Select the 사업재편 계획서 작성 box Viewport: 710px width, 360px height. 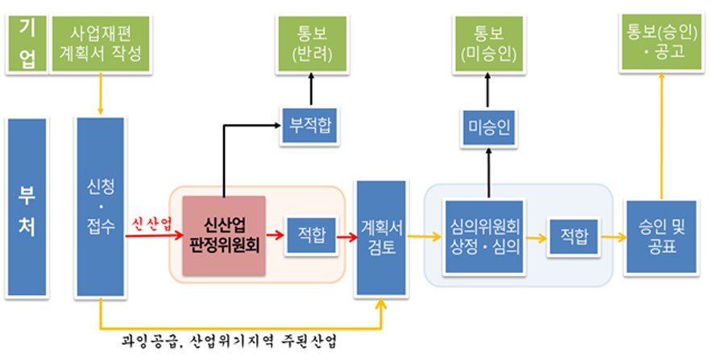tap(101, 43)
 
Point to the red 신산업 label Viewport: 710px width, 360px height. tap(153, 224)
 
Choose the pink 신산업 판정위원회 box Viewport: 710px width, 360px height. tap(224, 234)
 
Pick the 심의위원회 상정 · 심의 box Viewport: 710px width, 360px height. tap(484, 236)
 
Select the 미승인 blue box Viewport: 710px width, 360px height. tap(488, 125)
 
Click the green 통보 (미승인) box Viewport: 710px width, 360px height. tap(488, 43)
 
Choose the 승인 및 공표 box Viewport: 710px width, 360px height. tap(660, 236)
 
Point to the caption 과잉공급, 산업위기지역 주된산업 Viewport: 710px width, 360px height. tap(230, 341)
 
